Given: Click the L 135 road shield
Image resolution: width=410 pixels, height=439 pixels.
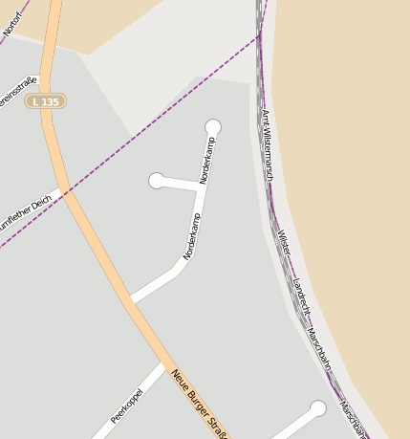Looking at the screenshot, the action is pos(45,100).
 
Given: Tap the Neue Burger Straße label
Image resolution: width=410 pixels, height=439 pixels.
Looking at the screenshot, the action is pos(199,404).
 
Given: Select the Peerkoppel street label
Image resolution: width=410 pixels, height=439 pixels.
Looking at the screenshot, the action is pos(127,406).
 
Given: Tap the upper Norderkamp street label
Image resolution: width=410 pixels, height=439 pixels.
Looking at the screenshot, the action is pos(207,160).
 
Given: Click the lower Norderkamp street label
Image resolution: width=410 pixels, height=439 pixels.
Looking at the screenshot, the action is pos(192,236).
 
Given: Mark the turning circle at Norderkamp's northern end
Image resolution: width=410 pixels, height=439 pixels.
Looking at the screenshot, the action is pos(213,127).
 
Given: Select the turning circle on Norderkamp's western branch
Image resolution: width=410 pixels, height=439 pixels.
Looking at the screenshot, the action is pos(157,181).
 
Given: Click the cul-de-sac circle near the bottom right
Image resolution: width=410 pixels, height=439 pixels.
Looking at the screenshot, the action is pos(318,408).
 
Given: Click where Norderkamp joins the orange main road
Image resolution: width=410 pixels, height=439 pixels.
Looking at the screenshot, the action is pos(128,300).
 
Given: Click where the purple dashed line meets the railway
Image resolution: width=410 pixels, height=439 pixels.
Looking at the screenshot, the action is pos(260,36).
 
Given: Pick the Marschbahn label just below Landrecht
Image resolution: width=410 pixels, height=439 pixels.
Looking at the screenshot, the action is pos(319,349).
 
